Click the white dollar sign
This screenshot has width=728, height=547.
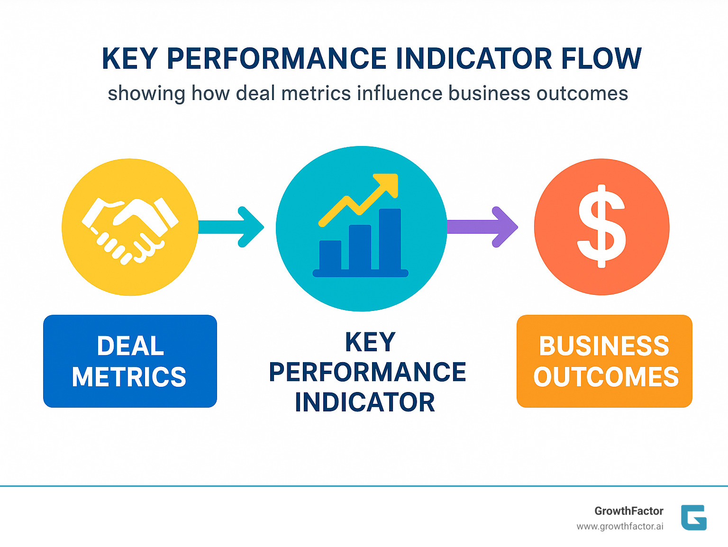click(601, 227)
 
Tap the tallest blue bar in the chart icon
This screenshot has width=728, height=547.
click(390, 239)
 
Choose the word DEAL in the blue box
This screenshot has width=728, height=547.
click(130, 346)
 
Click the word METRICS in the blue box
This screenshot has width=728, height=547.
click(129, 377)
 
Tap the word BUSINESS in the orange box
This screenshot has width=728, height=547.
click(604, 346)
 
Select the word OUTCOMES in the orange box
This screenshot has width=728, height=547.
click(606, 377)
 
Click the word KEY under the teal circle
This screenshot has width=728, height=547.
click(370, 342)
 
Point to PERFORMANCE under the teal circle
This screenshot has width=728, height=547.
click(367, 372)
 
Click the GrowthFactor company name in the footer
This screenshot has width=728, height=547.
click(629, 511)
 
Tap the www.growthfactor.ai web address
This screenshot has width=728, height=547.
click(620, 527)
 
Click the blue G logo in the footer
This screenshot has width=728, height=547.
click(694, 518)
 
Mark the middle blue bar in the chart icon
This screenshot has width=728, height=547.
click(360, 247)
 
